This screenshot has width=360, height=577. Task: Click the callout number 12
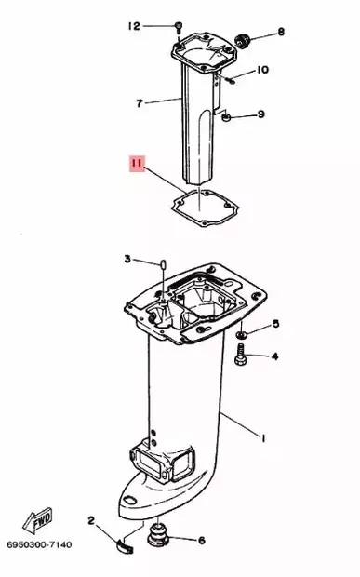(x=134, y=25)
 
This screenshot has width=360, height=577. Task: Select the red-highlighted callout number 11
(x=137, y=168)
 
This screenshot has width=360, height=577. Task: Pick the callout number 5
(x=275, y=325)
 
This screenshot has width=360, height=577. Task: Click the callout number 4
(x=275, y=356)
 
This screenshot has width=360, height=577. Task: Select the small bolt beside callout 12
(x=176, y=28)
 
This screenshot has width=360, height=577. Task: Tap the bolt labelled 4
(x=240, y=354)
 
